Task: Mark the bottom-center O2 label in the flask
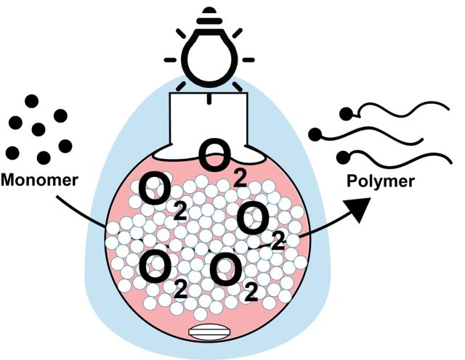pos(231,274)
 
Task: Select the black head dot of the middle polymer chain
pos(315,134)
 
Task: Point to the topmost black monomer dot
pos(32,102)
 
